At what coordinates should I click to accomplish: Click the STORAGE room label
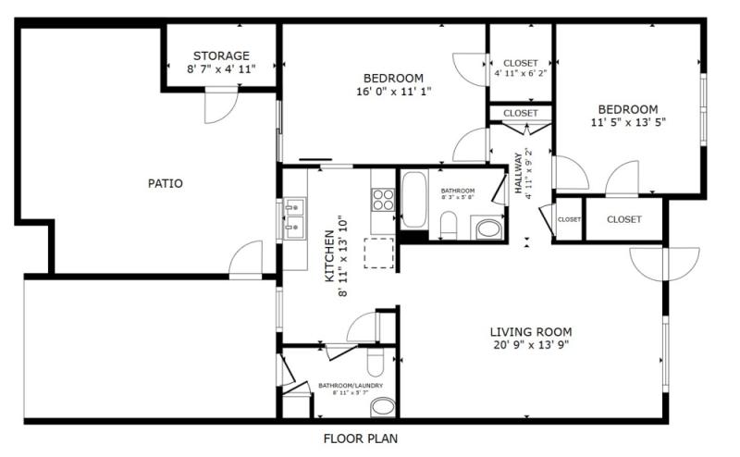(221, 56)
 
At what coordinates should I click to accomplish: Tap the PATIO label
(166, 183)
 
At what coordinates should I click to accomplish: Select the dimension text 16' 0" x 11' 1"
(393, 92)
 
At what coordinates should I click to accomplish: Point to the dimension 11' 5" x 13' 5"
(628, 121)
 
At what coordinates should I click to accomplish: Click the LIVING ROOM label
(530, 331)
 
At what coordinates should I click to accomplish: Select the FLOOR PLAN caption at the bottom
(361, 438)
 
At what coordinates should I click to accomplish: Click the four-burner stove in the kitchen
(383, 200)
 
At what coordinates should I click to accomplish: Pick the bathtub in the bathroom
(413, 199)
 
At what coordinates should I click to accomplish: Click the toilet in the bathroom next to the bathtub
(448, 224)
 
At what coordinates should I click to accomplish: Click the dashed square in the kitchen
(379, 253)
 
